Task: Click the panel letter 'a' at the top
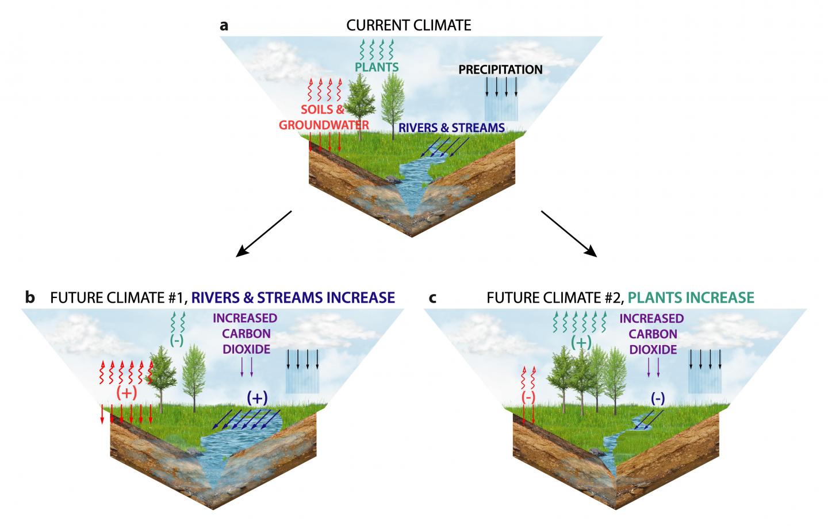pyautogui.click(x=225, y=25)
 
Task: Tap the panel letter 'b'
pyautogui.click(x=30, y=297)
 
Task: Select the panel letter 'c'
pyautogui.click(x=432, y=297)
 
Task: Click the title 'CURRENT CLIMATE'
pyautogui.click(x=408, y=25)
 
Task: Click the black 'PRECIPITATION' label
pyautogui.click(x=500, y=69)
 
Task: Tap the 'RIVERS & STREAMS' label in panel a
pyautogui.click(x=452, y=127)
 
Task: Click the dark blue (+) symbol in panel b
pyautogui.click(x=257, y=397)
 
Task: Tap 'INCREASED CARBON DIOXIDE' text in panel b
pyautogui.click(x=245, y=334)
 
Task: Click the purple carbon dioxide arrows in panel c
pyautogui.click(x=653, y=367)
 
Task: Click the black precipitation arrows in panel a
pyautogui.click(x=501, y=86)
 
